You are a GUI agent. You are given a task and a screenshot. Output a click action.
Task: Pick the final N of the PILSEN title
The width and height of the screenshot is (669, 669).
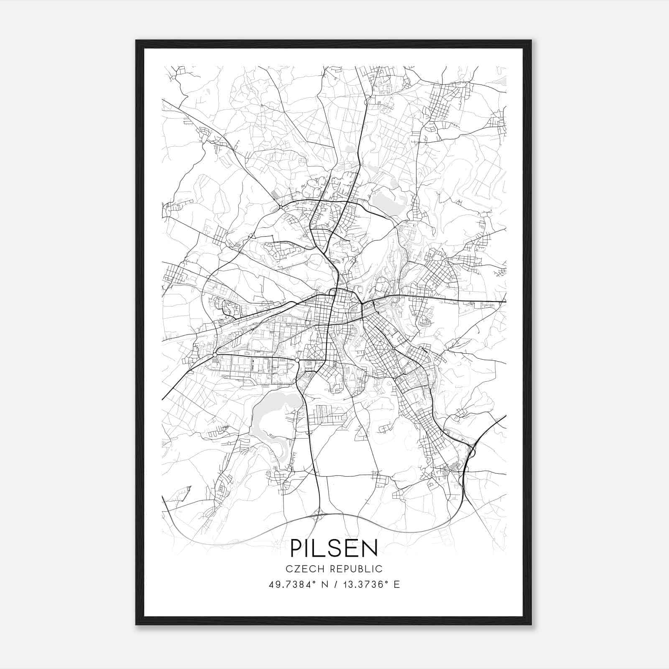(x=370, y=548)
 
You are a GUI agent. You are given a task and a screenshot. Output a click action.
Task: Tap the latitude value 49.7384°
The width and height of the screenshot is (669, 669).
(x=291, y=585)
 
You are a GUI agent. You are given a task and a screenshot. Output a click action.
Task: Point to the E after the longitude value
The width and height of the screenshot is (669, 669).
(x=397, y=585)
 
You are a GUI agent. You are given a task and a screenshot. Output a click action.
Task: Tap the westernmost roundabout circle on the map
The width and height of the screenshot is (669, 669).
(x=214, y=355)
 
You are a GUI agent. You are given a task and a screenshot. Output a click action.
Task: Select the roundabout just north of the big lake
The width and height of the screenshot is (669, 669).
(x=297, y=360)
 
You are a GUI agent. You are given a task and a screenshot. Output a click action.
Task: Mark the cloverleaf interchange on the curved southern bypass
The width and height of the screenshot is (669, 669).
(x=319, y=515)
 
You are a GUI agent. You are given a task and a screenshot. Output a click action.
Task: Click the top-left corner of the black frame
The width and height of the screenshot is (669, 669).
(x=136, y=41)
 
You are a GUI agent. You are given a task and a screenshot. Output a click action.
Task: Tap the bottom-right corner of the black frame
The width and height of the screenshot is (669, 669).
(x=531, y=624)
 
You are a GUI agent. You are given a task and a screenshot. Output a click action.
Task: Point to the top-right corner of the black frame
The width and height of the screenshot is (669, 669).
(x=531, y=41)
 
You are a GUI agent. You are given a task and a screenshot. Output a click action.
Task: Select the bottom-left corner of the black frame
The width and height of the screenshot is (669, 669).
(x=136, y=624)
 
